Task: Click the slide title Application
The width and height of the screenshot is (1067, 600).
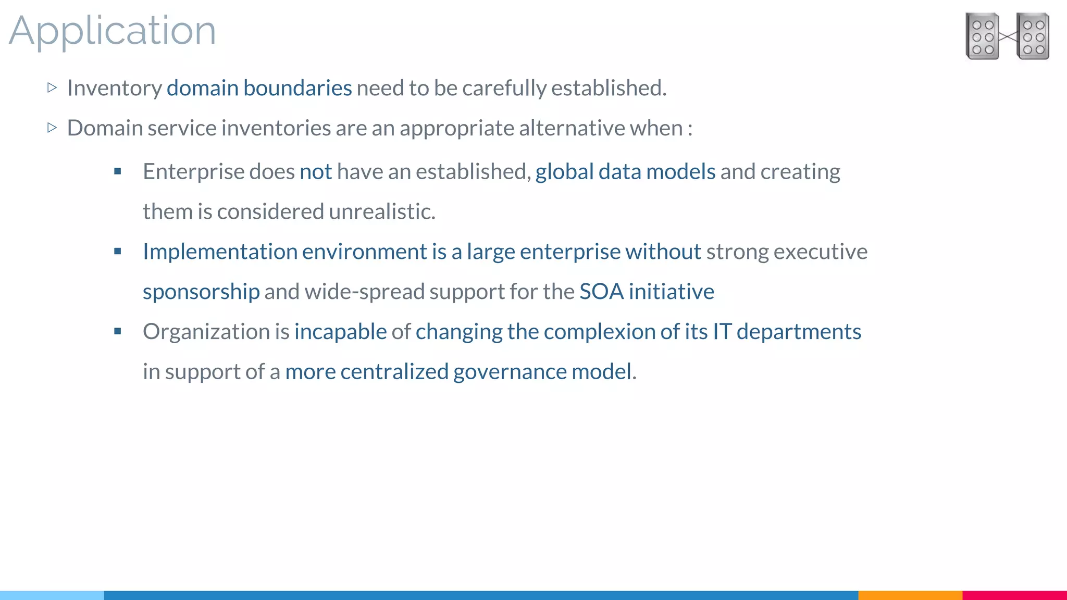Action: pos(112,31)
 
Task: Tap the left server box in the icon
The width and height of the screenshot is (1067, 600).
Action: pos(982,36)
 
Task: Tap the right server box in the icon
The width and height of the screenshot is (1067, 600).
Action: pos(1033,36)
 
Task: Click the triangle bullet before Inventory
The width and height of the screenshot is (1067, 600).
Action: pos(52,87)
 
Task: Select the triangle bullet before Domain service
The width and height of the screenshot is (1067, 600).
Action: pos(52,128)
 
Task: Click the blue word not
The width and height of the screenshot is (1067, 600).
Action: pos(316,172)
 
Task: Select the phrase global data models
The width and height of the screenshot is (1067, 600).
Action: pos(625,172)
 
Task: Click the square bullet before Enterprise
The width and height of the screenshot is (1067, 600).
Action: pos(118,171)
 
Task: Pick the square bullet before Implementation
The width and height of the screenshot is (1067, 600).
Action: pos(118,252)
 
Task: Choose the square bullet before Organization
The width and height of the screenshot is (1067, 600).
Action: pos(118,331)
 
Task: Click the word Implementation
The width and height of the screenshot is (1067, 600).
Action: pos(220,252)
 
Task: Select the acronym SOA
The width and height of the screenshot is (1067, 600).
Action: pos(601,292)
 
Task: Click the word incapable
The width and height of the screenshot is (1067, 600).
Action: pos(340,332)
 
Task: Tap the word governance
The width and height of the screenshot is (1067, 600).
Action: pos(510,372)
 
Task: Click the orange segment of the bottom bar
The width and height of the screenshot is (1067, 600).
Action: pos(910,595)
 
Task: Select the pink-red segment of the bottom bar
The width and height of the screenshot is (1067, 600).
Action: pos(1014,595)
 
